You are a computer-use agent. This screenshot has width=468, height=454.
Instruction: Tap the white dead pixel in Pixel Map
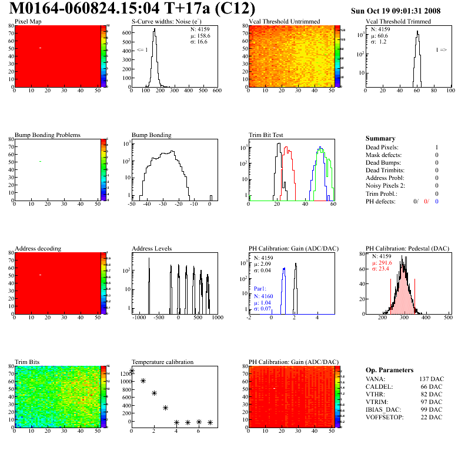[x=40, y=48]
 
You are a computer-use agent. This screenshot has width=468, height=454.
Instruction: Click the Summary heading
[x=380, y=138]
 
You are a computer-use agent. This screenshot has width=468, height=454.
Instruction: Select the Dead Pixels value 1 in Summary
[x=437, y=147]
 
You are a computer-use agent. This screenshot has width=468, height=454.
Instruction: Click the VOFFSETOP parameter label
[x=383, y=417]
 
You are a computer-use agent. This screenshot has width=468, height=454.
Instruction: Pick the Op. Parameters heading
[x=387, y=369]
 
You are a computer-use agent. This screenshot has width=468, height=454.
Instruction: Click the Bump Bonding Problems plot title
[x=48, y=135]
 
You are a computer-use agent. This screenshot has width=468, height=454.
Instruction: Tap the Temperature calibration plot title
[x=162, y=362]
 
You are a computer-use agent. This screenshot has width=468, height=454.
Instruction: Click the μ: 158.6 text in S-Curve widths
[x=199, y=35]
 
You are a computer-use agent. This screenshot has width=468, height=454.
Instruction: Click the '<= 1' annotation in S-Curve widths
[x=142, y=51]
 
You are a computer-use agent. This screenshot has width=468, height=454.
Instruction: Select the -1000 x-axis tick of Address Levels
[x=139, y=318]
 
